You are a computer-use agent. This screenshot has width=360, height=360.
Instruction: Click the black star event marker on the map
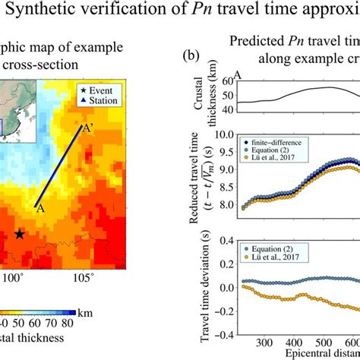pyautogui.click(x=19, y=235)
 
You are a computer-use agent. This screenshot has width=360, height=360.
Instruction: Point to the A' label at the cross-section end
pyautogui.click(x=88, y=130)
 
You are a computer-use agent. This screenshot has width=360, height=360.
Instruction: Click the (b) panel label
pyautogui.click(x=191, y=55)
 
